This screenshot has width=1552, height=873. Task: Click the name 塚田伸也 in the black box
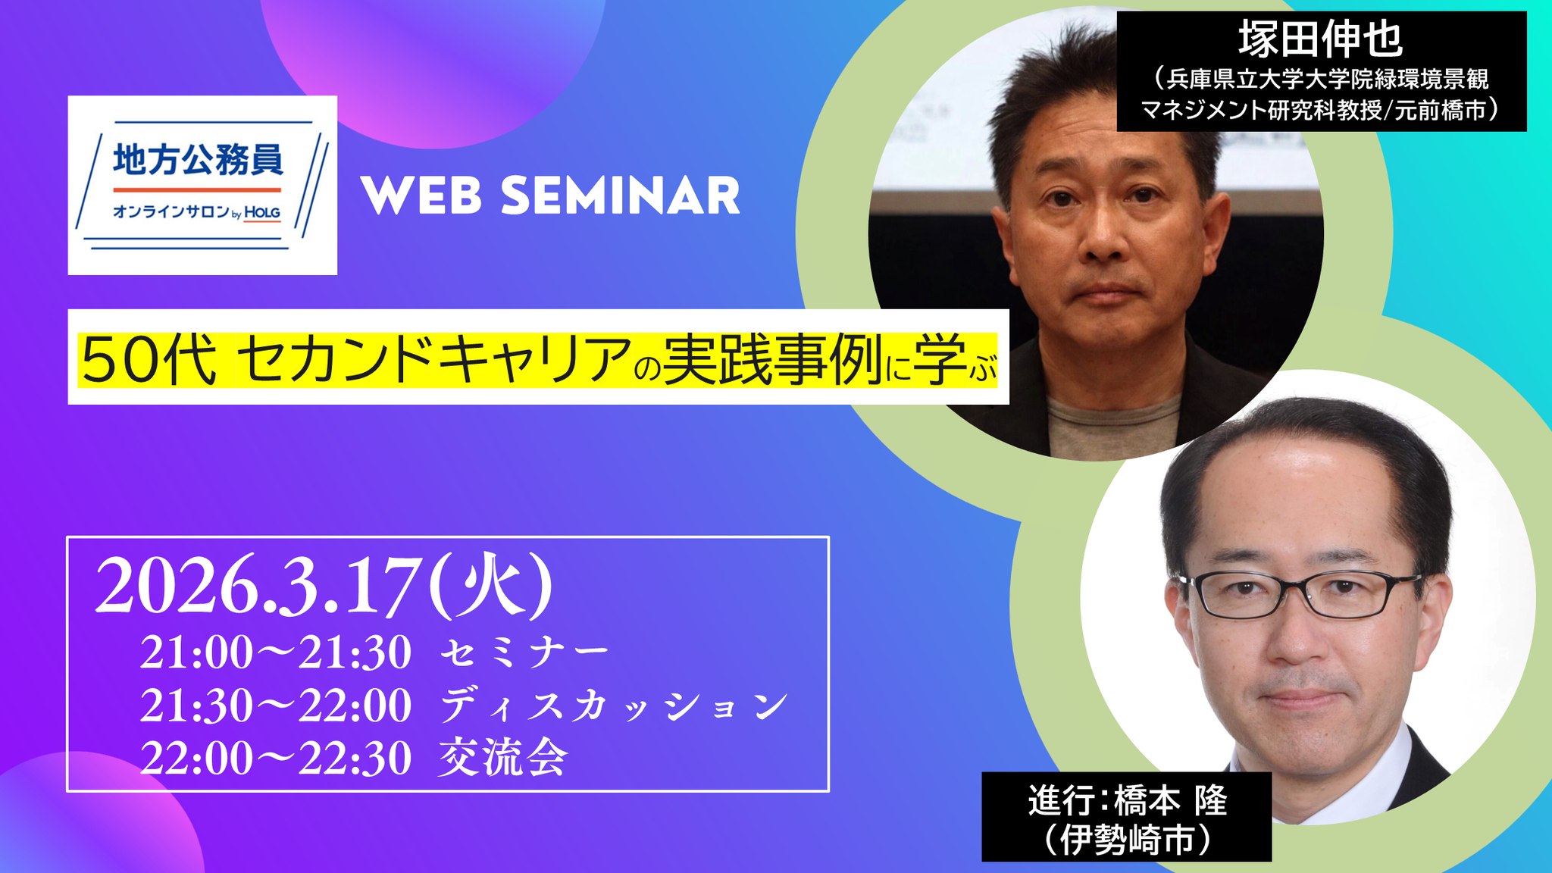click(x=1320, y=39)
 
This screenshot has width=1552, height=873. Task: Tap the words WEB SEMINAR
click(x=550, y=196)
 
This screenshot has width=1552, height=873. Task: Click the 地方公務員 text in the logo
click(x=198, y=160)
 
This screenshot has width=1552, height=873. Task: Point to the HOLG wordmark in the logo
click(x=262, y=213)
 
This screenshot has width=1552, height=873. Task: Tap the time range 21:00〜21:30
click(x=275, y=652)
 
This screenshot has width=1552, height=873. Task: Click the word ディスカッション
click(x=614, y=706)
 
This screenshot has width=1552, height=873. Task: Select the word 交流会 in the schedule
click(x=503, y=757)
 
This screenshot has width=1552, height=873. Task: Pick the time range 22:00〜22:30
click(x=275, y=758)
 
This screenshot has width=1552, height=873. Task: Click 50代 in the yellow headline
click(x=149, y=360)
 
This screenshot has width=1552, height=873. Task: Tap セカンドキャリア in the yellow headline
click(x=434, y=359)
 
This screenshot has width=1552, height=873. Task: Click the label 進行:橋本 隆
click(x=1127, y=801)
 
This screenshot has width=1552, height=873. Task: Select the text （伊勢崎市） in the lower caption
click(x=1127, y=840)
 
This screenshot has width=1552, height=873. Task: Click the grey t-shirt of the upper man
click(x=1108, y=426)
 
